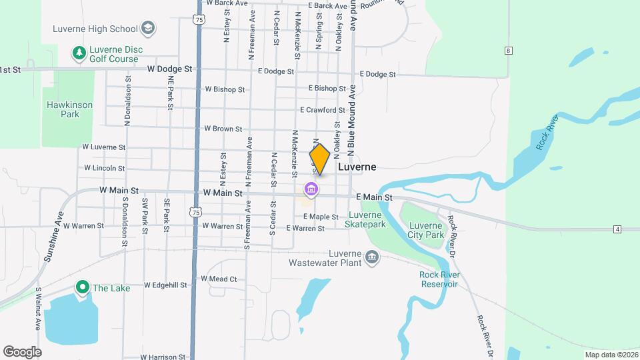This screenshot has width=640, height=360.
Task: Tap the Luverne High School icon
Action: click(x=148, y=29)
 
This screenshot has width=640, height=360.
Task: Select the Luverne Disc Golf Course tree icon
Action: click(x=79, y=51)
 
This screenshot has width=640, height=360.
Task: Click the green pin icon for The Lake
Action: click(x=83, y=287)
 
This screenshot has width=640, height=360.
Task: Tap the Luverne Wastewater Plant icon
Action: click(x=372, y=257)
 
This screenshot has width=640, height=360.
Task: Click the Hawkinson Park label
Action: click(x=69, y=109)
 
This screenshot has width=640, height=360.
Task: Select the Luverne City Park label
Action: click(x=425, y=230)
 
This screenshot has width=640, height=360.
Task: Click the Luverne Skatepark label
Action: click(x=365, y=219)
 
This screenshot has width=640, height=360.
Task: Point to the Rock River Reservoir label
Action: click(x=439, y=279)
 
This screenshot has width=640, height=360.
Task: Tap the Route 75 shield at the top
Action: click(x=199, y=21)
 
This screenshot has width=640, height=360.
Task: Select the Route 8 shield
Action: click(x=508, y=51)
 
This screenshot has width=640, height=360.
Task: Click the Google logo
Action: click(x=22, y=351)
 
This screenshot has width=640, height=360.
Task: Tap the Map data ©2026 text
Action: click(x=611, y=355)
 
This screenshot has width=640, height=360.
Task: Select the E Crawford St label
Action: click(x=323, y=109)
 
